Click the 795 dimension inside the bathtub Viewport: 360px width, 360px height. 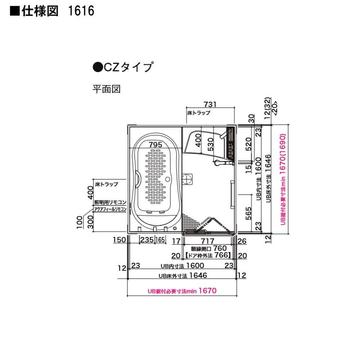point(154,144)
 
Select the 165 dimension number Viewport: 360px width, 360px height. point(160,240)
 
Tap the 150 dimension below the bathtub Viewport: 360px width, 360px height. point(119,240)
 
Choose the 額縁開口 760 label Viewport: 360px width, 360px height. point(209,248)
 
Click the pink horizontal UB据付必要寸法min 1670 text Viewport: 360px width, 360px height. point(182,291)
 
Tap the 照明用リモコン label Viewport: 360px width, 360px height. point(110,202)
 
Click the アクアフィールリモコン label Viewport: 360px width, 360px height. point(110,210)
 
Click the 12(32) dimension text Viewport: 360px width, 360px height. point(267,108)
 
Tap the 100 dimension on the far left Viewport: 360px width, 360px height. point(79,222)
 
